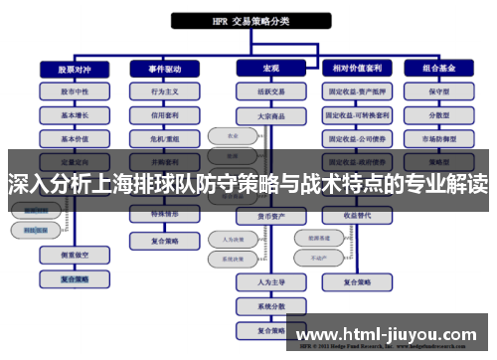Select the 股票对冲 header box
(66, 69)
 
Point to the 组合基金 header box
(440, 69)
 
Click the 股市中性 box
(66, 90)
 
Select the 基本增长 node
(66, 114)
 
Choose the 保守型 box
(440, 90)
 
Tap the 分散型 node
(440, 114)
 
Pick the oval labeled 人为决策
(227, 239)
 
